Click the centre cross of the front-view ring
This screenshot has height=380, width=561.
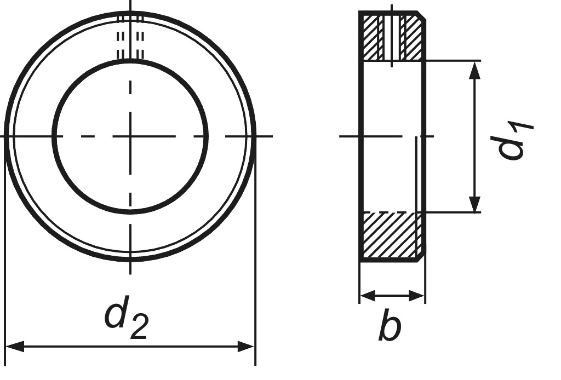coord(130,135)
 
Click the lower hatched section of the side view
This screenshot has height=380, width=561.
coord(391,235)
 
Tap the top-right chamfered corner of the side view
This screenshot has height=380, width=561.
coord(421,15)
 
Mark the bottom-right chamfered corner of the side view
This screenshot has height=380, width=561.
coord(421,257)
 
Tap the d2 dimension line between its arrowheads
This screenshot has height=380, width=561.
coord(130,347)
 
